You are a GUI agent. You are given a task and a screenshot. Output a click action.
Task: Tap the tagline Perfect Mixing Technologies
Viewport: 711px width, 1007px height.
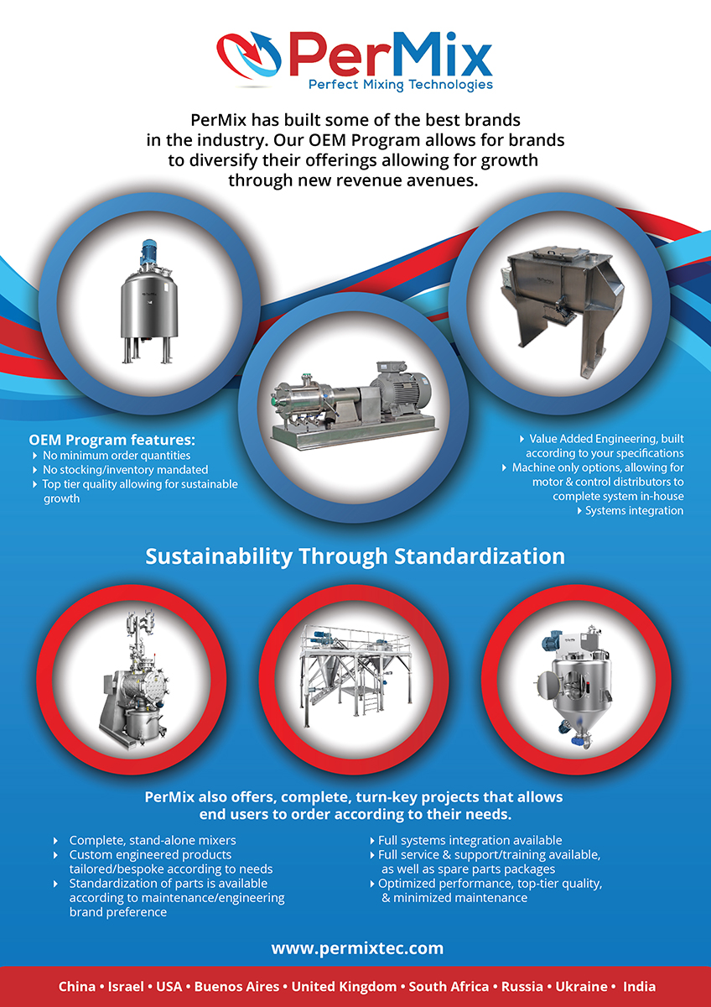(401, 85)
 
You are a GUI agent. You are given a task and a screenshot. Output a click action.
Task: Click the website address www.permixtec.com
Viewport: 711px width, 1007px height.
(357, 947)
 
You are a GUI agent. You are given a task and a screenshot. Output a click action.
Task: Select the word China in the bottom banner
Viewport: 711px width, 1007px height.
(77, 986)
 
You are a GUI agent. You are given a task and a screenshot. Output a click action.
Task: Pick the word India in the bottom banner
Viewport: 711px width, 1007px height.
(639, 986)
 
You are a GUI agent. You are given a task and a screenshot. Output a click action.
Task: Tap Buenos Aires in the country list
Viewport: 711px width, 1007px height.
(236, 986)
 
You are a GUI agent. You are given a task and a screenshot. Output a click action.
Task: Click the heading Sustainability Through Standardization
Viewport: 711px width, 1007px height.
(355, 556)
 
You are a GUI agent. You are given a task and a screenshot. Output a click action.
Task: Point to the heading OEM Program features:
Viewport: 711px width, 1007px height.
(112, 439)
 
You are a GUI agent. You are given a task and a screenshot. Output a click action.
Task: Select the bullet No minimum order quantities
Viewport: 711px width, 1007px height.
(117, 456)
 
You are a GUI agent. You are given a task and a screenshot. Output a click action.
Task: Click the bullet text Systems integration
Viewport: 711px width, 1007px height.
(634, 511)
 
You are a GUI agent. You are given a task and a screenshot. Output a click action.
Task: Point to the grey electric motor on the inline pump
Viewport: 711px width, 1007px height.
(401, 387)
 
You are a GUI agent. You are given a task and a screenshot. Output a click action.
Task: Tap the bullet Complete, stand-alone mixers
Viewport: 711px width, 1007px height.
(153, 840)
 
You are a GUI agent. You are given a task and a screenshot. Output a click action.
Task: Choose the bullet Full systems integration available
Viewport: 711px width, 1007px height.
(470, 840)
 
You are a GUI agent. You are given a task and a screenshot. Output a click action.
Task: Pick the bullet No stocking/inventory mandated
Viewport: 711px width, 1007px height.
(125, 470)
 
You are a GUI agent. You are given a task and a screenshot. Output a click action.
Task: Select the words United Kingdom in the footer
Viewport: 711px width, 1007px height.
(344, 986)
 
